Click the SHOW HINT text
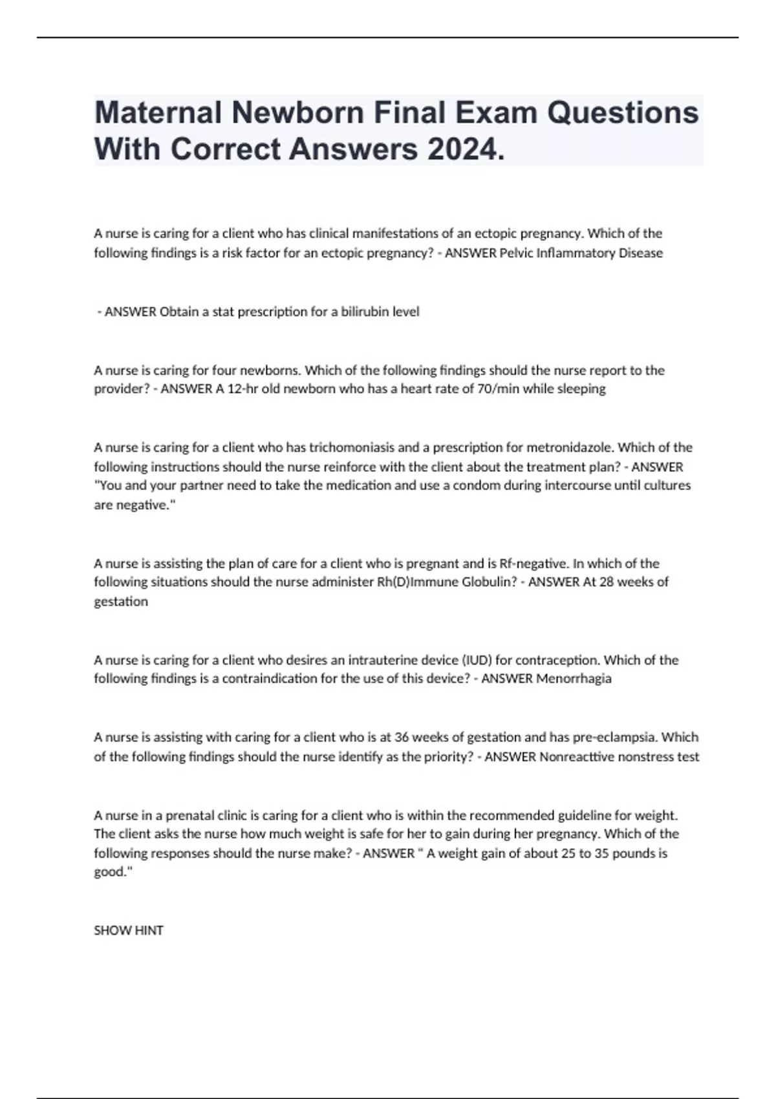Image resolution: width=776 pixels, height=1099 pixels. (x=129, y=930)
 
